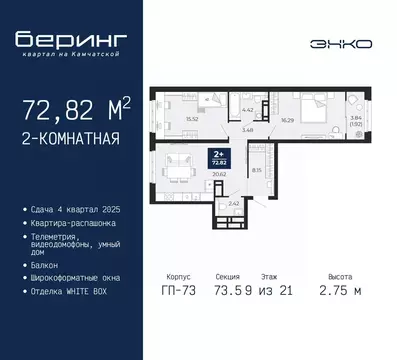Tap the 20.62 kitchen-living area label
pyautogui.click(x=219, y=173)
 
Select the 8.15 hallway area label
pyautogui.click(x=257, y=170)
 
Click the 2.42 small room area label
pyautogui.click(x=232, y=203)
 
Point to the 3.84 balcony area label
pyautogui.click(x=357, y=119)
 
